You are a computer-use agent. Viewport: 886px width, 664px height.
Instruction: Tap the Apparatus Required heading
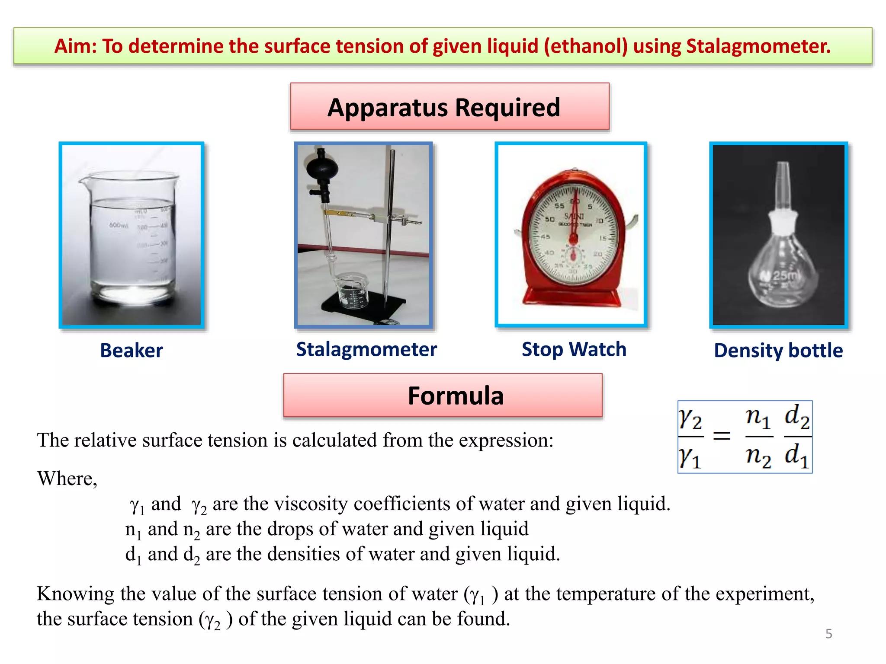pyautogui.click(x=444, y=107)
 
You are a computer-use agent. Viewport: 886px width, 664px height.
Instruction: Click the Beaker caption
pyautogui.click(x=132, y=350)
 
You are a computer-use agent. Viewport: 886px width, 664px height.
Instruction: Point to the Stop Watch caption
pyautogui.click(x=574, y=349)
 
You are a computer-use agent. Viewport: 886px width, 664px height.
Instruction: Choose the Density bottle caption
pyautogui.click(x=778, y=350)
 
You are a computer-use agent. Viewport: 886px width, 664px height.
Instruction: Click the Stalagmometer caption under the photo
pyautogui.click(x=366, y=349)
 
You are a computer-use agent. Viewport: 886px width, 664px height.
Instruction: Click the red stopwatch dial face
pyautogui.click(x=574, y=233)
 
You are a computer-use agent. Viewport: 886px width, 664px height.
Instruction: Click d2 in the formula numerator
pyautogui.click(x=797, y=418)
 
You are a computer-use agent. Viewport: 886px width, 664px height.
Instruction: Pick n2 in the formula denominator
pyautogui.click(x=758, y=456)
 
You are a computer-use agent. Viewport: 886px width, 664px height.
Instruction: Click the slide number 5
pyautogui.click(x=828, y=634)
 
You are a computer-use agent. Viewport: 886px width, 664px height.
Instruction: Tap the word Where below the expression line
pyautogui.click(x=67, y=479)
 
